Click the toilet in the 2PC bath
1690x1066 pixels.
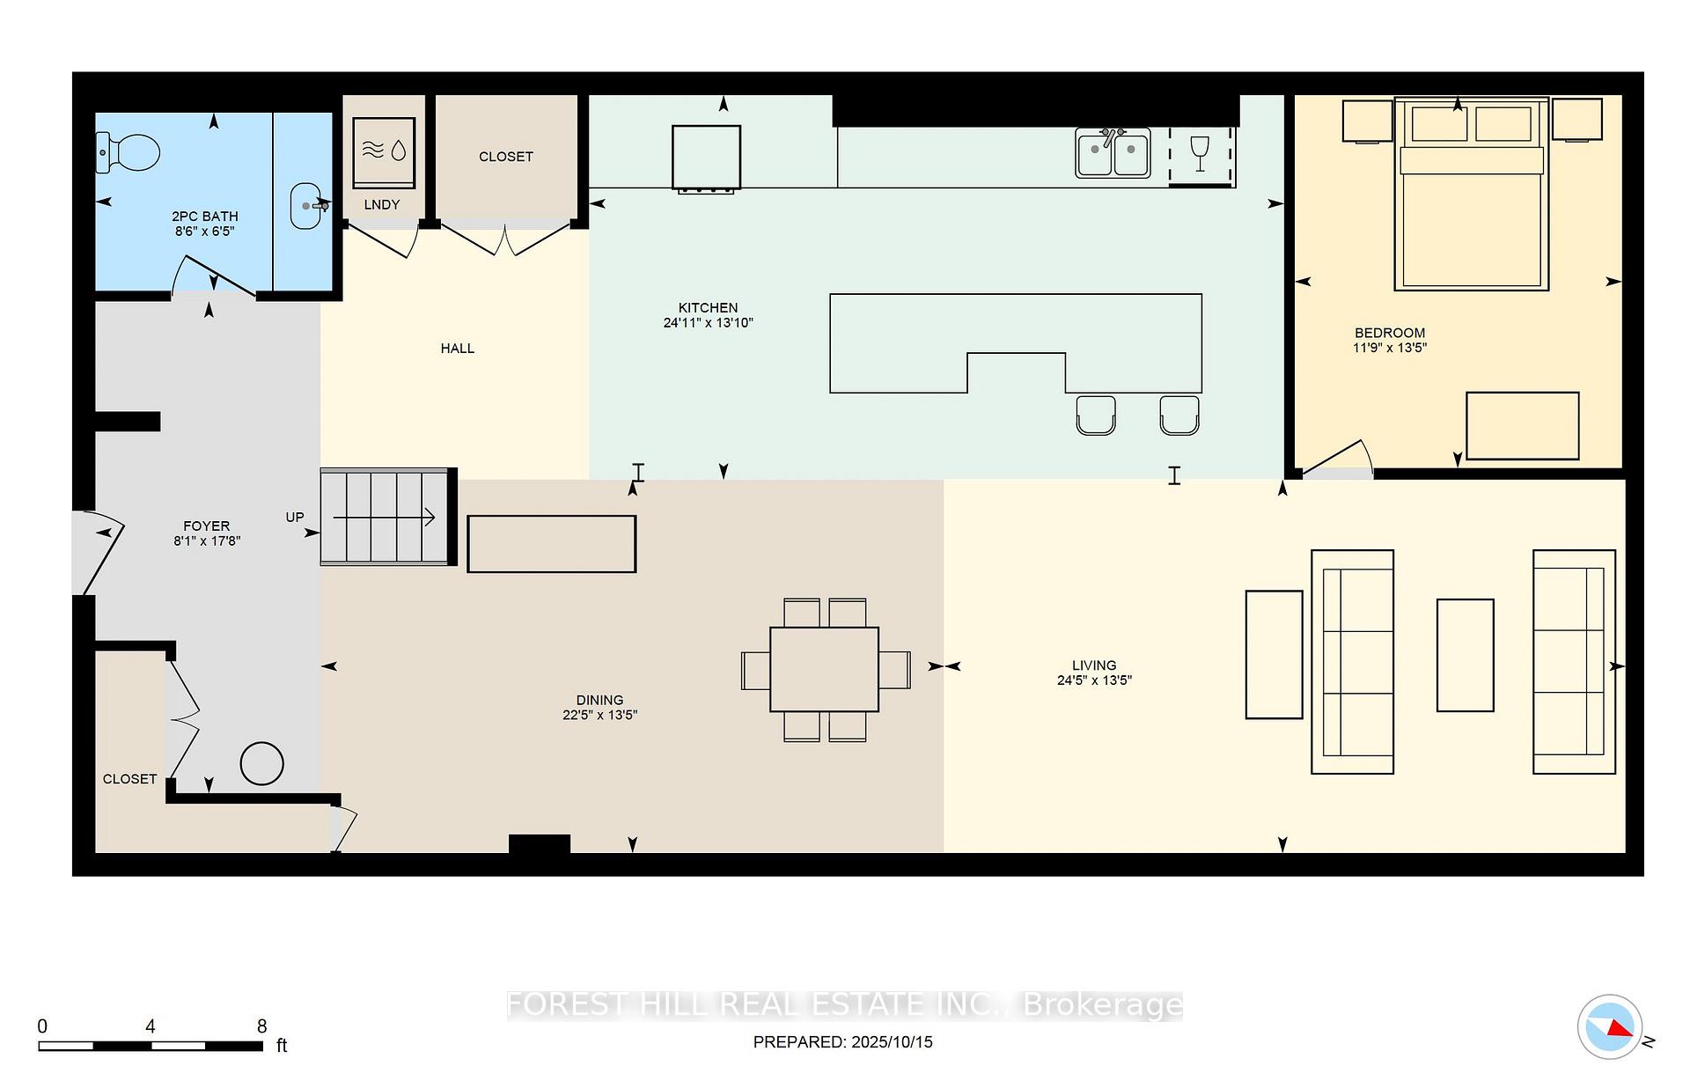(129, 152)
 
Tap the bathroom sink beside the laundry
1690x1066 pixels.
(305, 206)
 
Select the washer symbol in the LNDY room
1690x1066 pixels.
(384, 151)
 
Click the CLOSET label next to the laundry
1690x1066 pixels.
(505, 157)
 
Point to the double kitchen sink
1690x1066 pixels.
(1113, 153)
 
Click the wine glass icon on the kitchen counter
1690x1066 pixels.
(1199, 153)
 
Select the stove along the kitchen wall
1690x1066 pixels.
(706, 158)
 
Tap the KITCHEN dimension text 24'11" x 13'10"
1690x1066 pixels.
(708, 323)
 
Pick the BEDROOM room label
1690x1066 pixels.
(1389, 333)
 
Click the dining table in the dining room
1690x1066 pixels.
(824, 669)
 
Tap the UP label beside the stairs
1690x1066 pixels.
(295, 518)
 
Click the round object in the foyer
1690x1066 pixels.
(261, 763)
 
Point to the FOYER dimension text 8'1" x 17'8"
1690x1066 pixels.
(207, 541)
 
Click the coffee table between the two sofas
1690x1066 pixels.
(1465, 655)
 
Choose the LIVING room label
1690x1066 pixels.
(1093, 665)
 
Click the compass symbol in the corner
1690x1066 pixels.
(1610, 1026)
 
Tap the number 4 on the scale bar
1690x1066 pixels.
(151, 1026)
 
